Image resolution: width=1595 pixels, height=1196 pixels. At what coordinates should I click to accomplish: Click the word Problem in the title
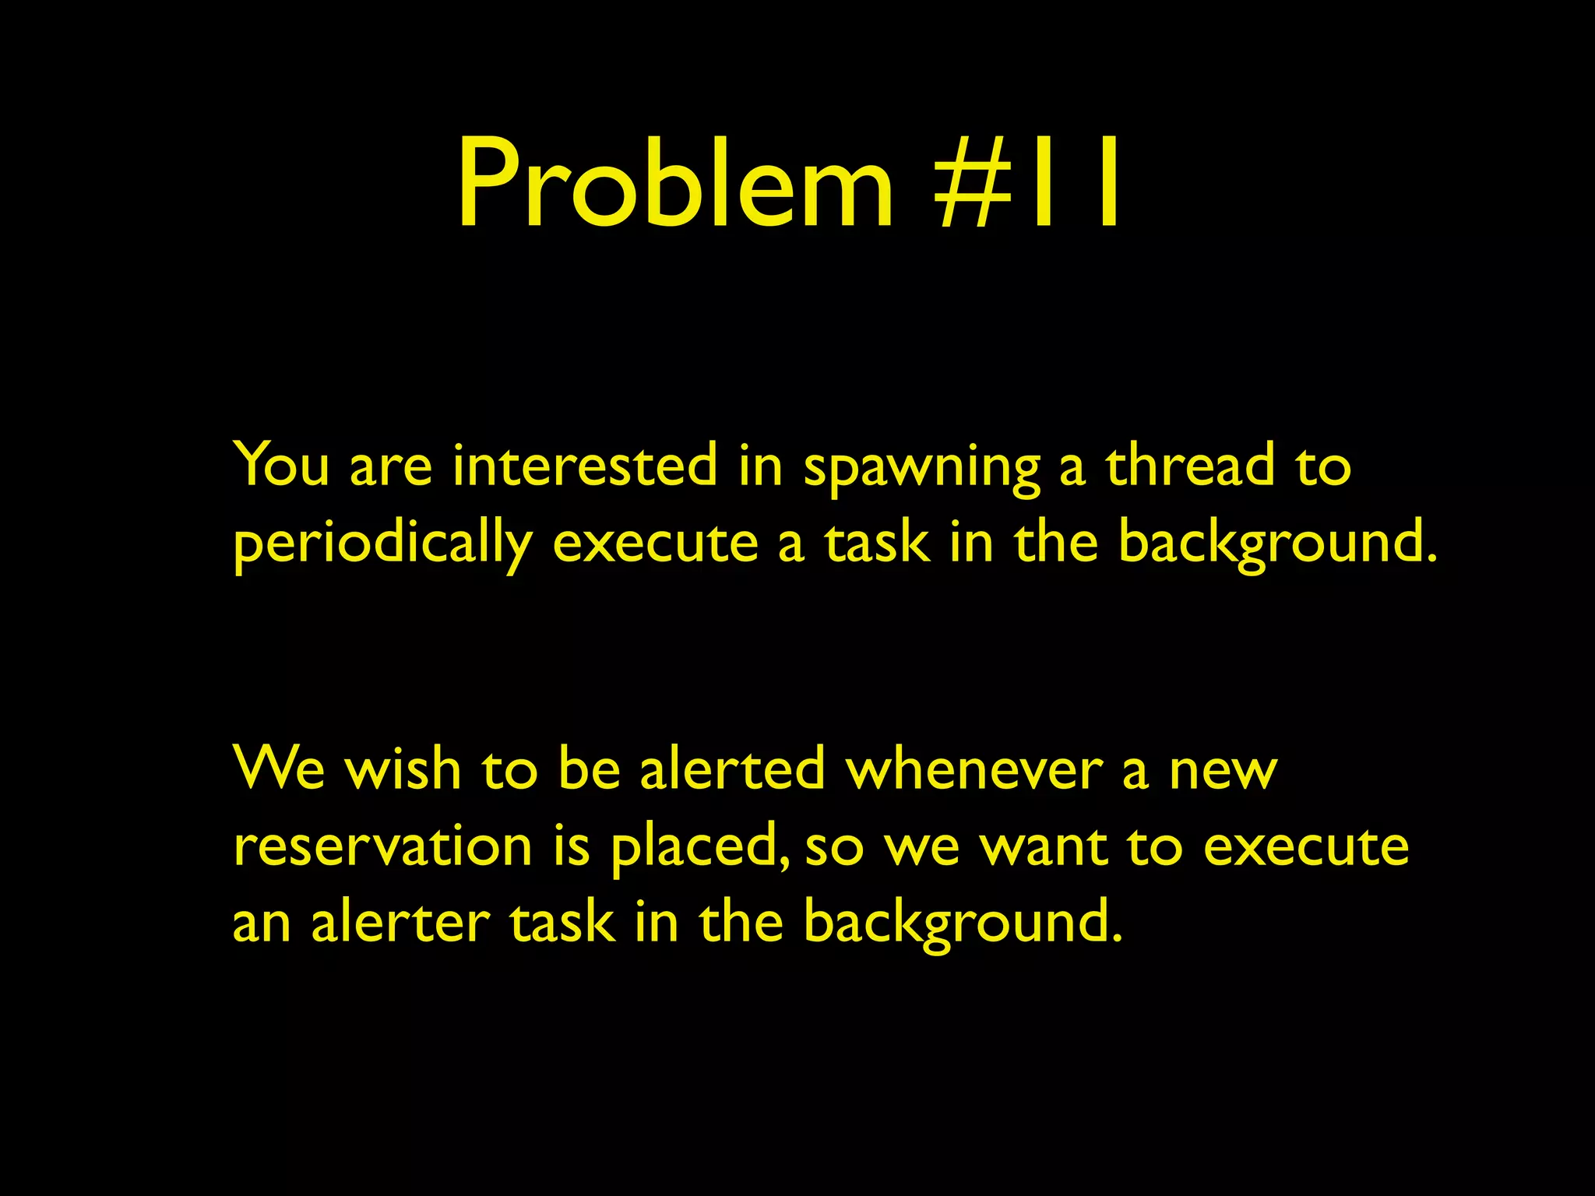[674, 184]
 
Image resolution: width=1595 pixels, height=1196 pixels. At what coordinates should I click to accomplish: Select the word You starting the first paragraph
[281, 465]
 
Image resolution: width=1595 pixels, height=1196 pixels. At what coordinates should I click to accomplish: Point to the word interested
[585, 465]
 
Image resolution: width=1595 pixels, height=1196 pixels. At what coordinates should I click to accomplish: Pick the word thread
[1190, 465]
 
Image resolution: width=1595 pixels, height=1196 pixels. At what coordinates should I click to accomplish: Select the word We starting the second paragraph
[279, 769]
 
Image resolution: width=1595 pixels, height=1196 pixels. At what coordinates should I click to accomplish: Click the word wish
[403, 769]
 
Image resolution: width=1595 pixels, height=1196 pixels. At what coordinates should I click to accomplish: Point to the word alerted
[732, 769]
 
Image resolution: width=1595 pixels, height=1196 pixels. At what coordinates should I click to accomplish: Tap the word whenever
[974, 769]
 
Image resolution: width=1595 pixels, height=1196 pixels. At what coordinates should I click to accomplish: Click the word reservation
[383, 846]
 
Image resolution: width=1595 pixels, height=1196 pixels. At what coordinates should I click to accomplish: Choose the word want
[1044, 846]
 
